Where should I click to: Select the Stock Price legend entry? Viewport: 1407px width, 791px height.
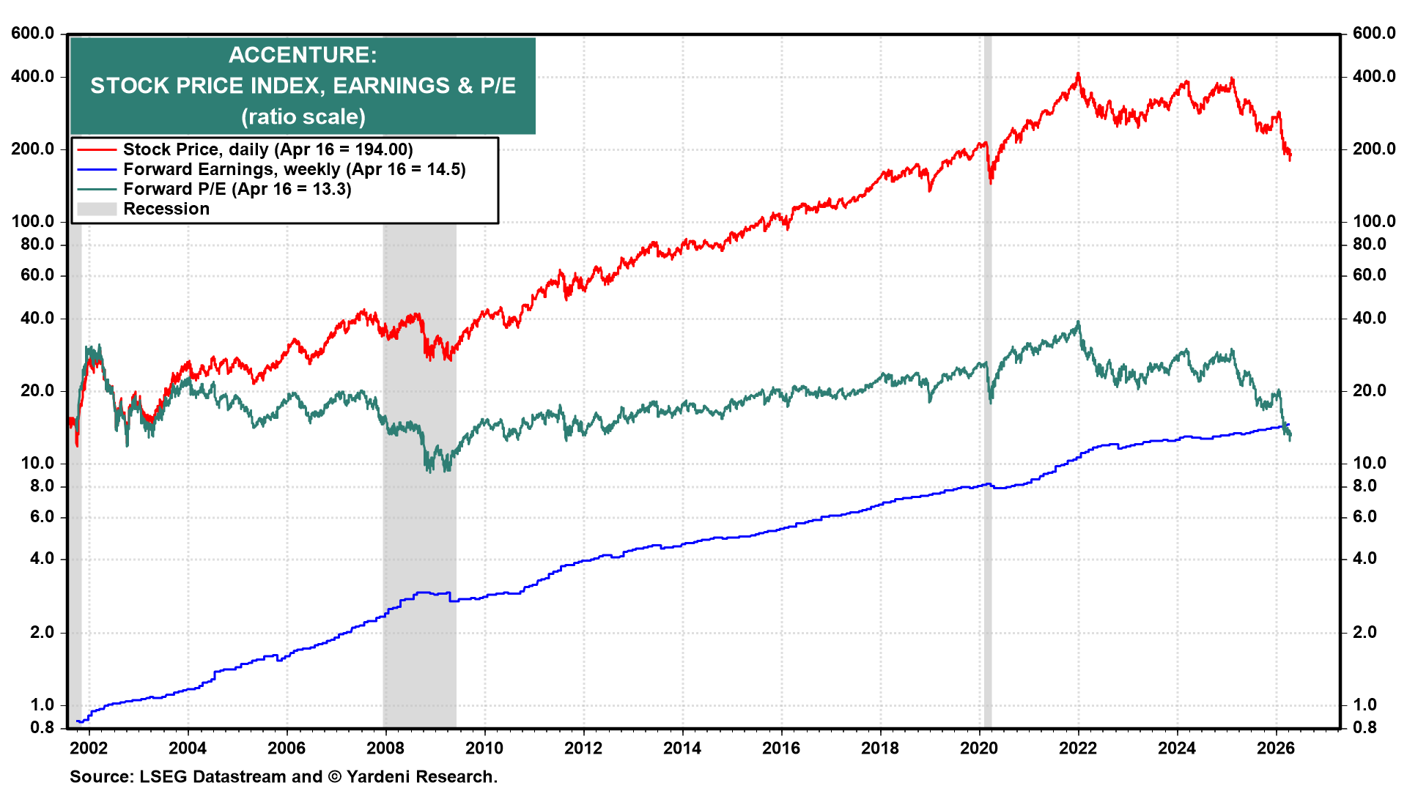tap(267, 149)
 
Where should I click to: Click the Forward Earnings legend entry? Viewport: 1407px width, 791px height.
tap(294, 169)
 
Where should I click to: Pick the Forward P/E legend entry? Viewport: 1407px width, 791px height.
tap(237, 189)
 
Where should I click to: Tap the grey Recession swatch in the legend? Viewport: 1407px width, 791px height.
tap(97, 209)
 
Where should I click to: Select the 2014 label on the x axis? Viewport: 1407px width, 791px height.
tap(682, 748)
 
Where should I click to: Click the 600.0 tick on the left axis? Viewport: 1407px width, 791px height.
tap(33, 33)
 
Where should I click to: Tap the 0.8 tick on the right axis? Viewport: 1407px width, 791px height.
tap(1364, 727)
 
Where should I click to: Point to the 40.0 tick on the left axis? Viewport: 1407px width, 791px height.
tap(37, 318)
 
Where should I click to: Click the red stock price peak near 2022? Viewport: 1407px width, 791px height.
tap(1078, 74)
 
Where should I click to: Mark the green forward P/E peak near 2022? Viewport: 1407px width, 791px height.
tap(1078, 322)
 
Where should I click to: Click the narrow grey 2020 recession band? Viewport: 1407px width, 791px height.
tap(987, 439)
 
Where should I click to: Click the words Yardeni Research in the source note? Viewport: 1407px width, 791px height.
tap(421, 776)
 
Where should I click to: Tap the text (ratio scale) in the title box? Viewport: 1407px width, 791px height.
tap(303, 116)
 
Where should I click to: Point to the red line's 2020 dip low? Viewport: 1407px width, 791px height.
tap(991, 182)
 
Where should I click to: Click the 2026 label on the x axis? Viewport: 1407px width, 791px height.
tap(1275, 748)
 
